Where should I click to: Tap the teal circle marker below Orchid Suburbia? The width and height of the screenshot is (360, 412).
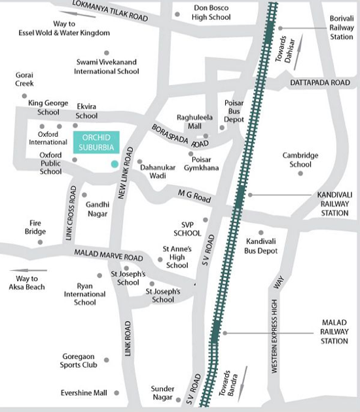click(115, 163)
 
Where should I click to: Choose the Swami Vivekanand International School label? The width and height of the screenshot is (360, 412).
click(107, 67)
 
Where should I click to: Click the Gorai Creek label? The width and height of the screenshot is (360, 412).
click(24, 80)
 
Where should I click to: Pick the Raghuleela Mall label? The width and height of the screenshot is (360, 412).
click(196, 122)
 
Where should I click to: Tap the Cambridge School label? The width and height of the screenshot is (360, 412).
click(300, 160)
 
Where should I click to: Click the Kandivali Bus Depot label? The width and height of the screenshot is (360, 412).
click(261, 246)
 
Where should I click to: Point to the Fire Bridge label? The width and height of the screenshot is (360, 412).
click(36, 227)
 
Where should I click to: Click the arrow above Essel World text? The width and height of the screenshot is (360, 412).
click(76, 13)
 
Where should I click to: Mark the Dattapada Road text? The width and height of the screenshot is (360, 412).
click(321, 83)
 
